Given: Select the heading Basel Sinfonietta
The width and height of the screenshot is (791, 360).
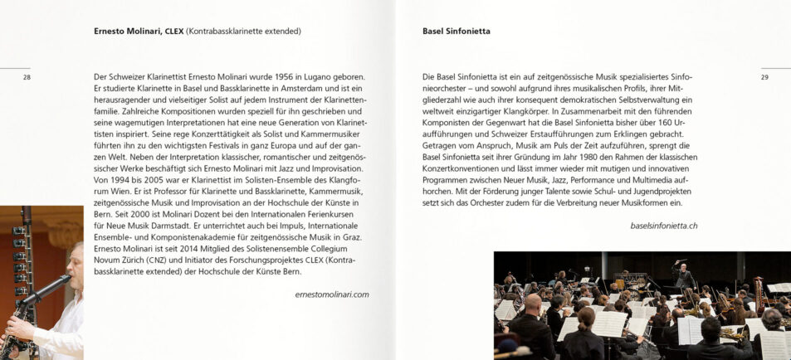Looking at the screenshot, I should pos(457,32).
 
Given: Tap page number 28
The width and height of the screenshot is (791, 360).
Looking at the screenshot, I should pos(27,77).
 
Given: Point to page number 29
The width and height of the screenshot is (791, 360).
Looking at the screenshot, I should pos(764,77).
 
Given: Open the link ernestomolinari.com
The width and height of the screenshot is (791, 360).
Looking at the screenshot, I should pos(332,294).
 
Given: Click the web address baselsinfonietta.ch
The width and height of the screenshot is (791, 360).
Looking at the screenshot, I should pos(664,226).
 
